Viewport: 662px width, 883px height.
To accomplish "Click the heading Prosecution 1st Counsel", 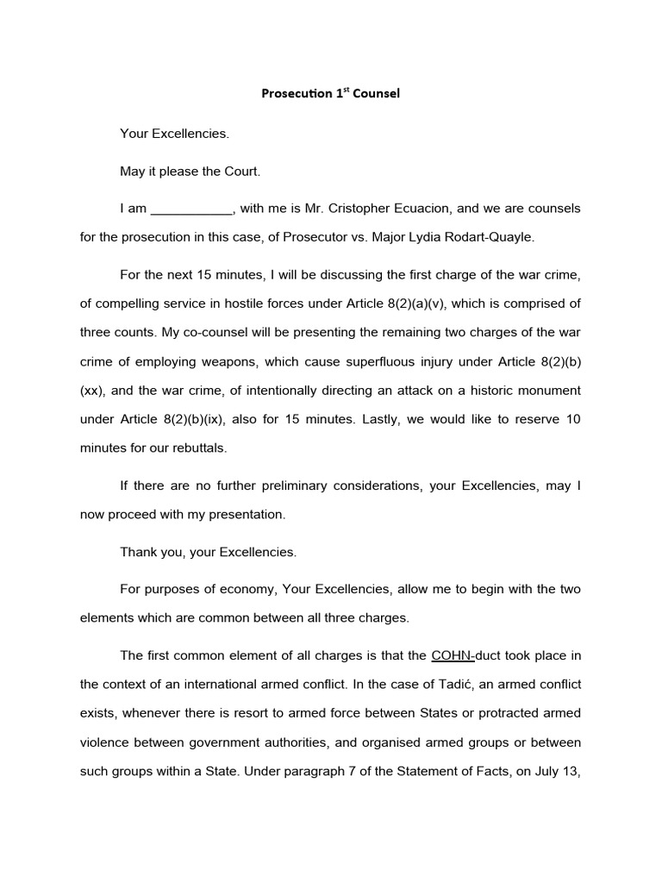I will (330, 94).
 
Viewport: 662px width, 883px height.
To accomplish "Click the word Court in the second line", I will (242, 172).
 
